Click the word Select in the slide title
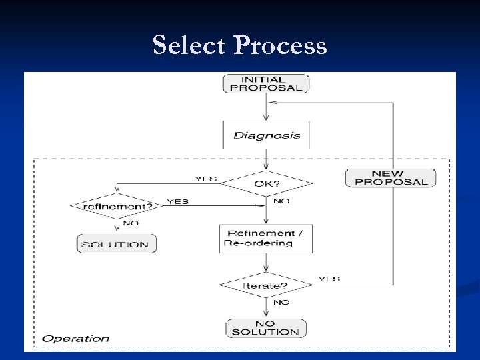coord(190,45)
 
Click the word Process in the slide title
coord(281,45)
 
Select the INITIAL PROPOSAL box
coord(266,83)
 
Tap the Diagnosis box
coord(266,135)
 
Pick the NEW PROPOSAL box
coord(391,177)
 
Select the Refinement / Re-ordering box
coord(266,238)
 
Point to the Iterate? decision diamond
coord(266,285)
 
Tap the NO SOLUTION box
coord(266,327)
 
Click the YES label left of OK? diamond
coord(206,178)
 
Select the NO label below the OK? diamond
coord(281,201)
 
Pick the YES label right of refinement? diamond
coord(177,201)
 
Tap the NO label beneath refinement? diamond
coord(131,223)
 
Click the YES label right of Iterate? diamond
coord(329,279)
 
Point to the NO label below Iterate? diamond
coord(281,302)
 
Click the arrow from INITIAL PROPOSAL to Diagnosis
coord(266,107)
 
